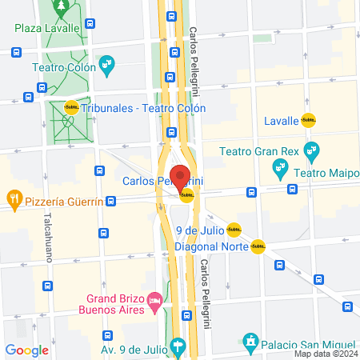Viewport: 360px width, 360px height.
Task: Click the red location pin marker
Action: [180, 176]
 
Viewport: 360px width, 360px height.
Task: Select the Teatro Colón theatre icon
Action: [106, 63]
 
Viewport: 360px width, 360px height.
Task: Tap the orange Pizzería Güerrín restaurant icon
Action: [14, 198]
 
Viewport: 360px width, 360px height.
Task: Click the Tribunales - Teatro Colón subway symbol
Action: [71, 108]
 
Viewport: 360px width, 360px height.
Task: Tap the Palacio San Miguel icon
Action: [250, 342]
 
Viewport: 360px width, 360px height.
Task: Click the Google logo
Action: [26, 350]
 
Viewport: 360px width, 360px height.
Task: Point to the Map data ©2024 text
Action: [326, 354]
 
